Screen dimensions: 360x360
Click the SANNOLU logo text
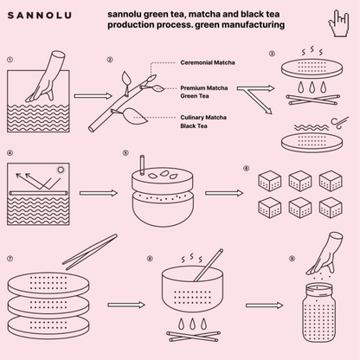click(40, 16)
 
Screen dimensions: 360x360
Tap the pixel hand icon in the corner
click(338, 23)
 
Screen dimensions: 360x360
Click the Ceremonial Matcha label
click(208, 62)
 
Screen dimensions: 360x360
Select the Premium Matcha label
click(204, 88)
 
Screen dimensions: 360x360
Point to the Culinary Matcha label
click(203, 118)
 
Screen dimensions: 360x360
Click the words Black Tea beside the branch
click(194, 126)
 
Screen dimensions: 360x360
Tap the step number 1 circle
click(10, 60)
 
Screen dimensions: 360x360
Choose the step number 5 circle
click(125, 153)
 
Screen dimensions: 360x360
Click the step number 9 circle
click(292, 259)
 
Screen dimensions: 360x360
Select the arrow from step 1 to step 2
click(93, 96)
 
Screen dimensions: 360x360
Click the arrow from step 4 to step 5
click(99, 193)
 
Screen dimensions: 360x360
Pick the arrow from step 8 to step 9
click(264, 305)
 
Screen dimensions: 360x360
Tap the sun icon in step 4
click(61, 170)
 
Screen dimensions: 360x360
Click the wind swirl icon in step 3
click(340, 122)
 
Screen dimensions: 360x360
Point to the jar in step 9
click(319, 312)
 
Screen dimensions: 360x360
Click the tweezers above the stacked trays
click(90, 252)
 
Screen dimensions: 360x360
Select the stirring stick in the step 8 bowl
click(209, 265)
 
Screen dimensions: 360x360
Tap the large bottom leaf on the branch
click(132, 116)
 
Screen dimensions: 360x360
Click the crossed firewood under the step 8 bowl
click(193, 337)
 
